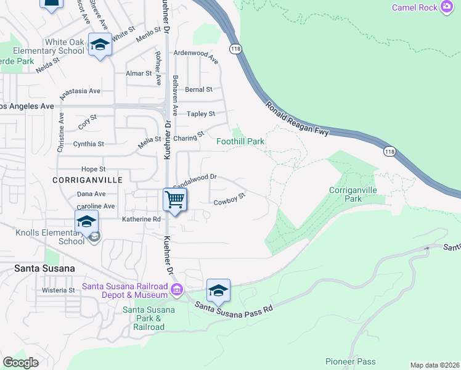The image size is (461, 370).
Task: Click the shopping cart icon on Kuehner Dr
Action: (175, 200)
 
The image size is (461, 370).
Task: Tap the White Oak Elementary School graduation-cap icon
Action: (99, 45)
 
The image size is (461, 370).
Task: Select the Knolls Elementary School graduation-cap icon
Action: (86, 222)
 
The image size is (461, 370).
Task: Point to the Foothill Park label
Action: (240, 141)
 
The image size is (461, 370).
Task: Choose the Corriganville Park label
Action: (353, 195)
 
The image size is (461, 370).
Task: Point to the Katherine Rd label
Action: (141, 219)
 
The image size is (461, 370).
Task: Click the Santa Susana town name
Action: (44, 268)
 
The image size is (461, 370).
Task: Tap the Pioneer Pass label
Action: (350, 361)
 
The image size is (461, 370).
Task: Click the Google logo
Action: (20, 362)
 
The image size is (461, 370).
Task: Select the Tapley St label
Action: (201, 114)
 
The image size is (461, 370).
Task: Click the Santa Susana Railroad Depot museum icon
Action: (176, 289)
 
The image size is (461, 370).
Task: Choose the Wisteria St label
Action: (58, 290)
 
